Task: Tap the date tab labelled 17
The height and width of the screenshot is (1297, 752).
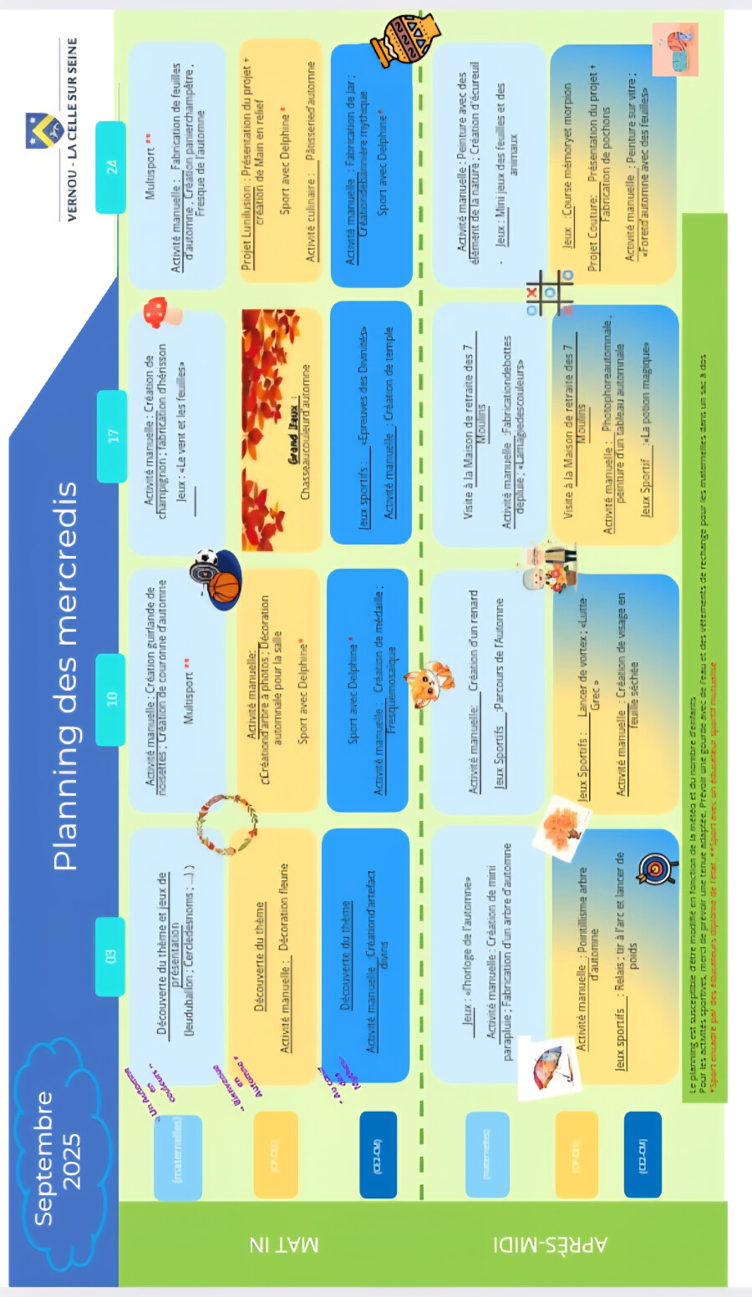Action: click(x=111, y=436)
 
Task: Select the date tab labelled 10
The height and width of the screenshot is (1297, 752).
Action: click(x=111, y=699)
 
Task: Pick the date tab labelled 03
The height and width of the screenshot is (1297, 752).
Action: click(x=110, y=956)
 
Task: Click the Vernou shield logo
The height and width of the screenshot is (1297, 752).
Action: click(x=44, y=130)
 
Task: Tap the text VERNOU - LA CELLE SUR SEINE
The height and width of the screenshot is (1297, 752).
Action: click(x=73, y=129)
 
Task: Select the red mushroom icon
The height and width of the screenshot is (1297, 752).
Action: click(x=160, y=313)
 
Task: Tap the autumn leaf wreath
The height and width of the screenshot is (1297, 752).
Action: click(x=226, y=824)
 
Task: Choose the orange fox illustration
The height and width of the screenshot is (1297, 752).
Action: click(x=429, y=683)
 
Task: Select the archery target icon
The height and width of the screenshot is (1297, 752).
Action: click(x=654, y=869)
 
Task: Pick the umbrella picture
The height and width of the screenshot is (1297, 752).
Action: click(x=549, y=1066)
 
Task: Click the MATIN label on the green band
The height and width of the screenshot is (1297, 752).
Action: click(x=283, y=1244)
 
